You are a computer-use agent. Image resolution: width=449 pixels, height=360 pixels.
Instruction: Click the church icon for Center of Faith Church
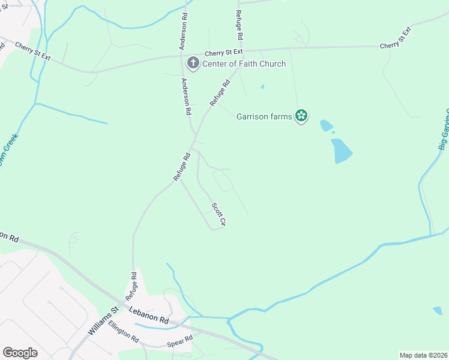coord(193,62)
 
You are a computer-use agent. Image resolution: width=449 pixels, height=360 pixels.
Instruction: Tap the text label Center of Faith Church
coord(244,64)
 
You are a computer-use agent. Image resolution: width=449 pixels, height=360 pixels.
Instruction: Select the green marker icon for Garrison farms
coord(301,116)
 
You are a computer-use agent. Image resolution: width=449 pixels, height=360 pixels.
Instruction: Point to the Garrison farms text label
coord(264,116)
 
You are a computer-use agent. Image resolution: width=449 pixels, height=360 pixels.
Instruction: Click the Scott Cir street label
coord(218,215)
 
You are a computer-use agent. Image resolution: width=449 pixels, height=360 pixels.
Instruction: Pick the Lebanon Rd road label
coord(149,316)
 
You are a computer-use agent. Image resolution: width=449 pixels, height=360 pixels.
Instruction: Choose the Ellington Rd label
coord(124,332)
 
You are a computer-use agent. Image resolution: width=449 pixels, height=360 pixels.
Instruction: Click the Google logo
coord(20,353)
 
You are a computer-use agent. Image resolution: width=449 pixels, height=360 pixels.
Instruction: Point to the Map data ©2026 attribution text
coord(423,355)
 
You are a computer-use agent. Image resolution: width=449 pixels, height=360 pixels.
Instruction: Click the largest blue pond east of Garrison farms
coord(342,151)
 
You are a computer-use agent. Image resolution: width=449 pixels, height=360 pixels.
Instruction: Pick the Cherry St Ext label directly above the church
coord(223,52)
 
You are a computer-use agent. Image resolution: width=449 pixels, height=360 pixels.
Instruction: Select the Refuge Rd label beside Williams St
coord(131,286)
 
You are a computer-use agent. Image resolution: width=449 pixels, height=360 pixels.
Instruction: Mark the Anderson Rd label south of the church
coord(187,96)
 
